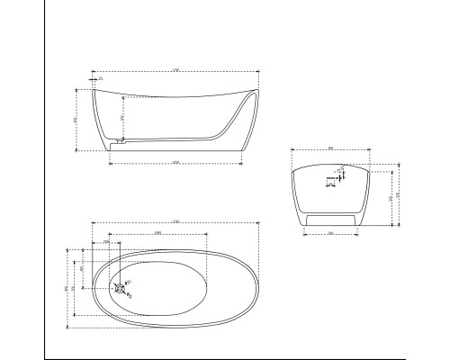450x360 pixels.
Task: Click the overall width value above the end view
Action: pyautogui.click(x=331, y=148)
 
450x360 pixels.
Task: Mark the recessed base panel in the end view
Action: pyautogui.click(x=331, y=218)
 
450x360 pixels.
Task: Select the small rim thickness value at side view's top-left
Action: pyautogui.click(x=101, y=80)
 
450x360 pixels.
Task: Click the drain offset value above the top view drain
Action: pyautogui.click(x=107, y=242)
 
